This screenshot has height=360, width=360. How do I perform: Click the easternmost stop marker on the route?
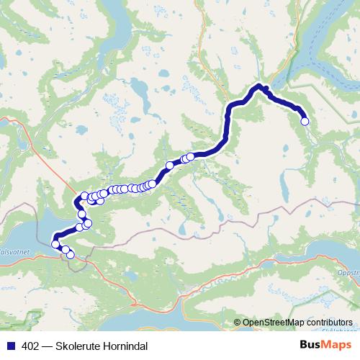pyautogui.click(x=304, y=122)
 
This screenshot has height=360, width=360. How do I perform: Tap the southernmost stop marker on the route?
pyautogui.click(x=70, y=254)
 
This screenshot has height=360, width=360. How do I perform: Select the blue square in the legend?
pyautogui.click(x=10, y=346)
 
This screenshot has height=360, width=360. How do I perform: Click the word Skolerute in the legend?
pyautogui.click(x=78, y=346)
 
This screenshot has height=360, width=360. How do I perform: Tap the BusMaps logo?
pyautogui.click(x=326, y=345)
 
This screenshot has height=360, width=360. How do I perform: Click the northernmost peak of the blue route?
pyautogui.click(x=260, y=86)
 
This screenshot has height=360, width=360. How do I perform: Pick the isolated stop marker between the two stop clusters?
pyautogui.click(x=170, y=166)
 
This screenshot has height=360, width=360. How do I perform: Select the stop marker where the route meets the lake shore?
pyautogui.click(x=55, y=244)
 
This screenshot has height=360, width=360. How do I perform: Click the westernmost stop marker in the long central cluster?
pyautogui.click(x=84, y=196)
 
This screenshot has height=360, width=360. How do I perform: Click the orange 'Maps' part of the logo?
pyautogui.click(x=338, y=345)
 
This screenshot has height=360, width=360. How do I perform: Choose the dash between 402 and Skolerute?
pyautogui.click(x=48, y=346)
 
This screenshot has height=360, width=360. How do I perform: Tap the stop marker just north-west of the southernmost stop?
pyautogui.click(x=65, y=250)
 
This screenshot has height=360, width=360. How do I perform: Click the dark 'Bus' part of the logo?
pyautogui.click(x=312, y=345)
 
